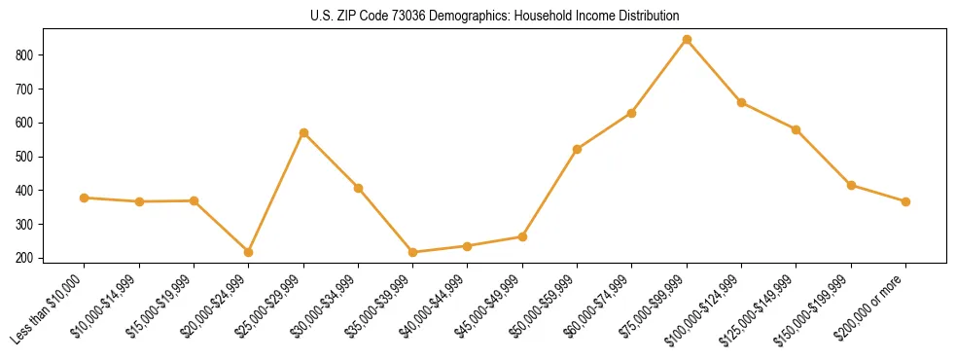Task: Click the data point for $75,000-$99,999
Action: (687, 40)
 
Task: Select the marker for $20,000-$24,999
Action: (249, 252)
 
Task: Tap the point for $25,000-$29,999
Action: (303, 132)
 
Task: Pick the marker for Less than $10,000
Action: (85, 198)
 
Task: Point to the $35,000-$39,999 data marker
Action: (413, 252)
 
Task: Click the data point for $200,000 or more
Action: (905, 201)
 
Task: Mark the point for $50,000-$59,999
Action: (578, 149)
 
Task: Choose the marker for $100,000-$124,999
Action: (741, 102)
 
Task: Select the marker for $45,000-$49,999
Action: (522, 236)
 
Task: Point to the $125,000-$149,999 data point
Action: (796, 129)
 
